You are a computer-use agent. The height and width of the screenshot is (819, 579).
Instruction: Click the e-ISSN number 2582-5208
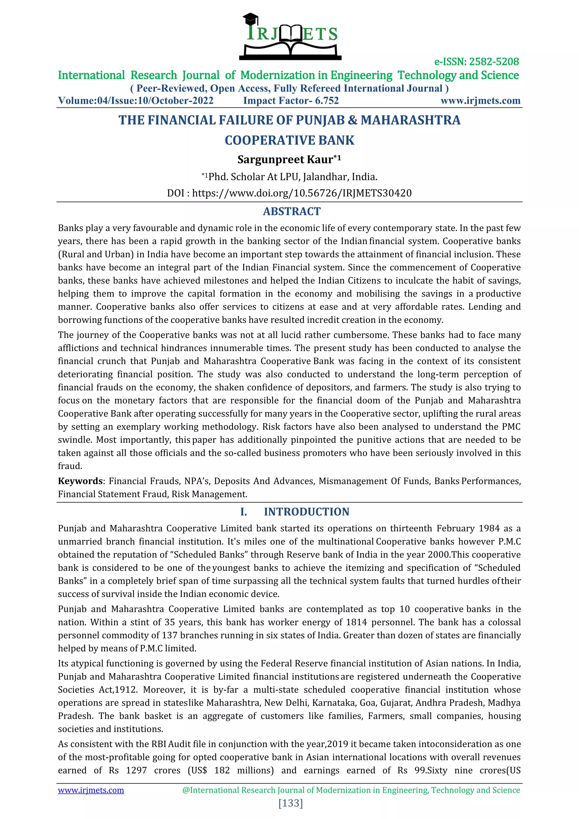[494, 62]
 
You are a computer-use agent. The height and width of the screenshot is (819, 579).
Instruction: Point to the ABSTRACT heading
[291, 211]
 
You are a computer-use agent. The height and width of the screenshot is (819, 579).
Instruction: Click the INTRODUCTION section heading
[306, 512]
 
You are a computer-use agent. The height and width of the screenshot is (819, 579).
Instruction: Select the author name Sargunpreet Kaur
[285, 159]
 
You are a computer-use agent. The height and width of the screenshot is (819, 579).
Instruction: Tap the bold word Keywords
[80, 481]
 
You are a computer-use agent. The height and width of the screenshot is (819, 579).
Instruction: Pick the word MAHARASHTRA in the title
[410, 120]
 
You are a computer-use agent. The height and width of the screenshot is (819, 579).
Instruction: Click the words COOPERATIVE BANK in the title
[289, 141]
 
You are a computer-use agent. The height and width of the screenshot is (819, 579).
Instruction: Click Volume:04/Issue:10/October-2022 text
[136, 101]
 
